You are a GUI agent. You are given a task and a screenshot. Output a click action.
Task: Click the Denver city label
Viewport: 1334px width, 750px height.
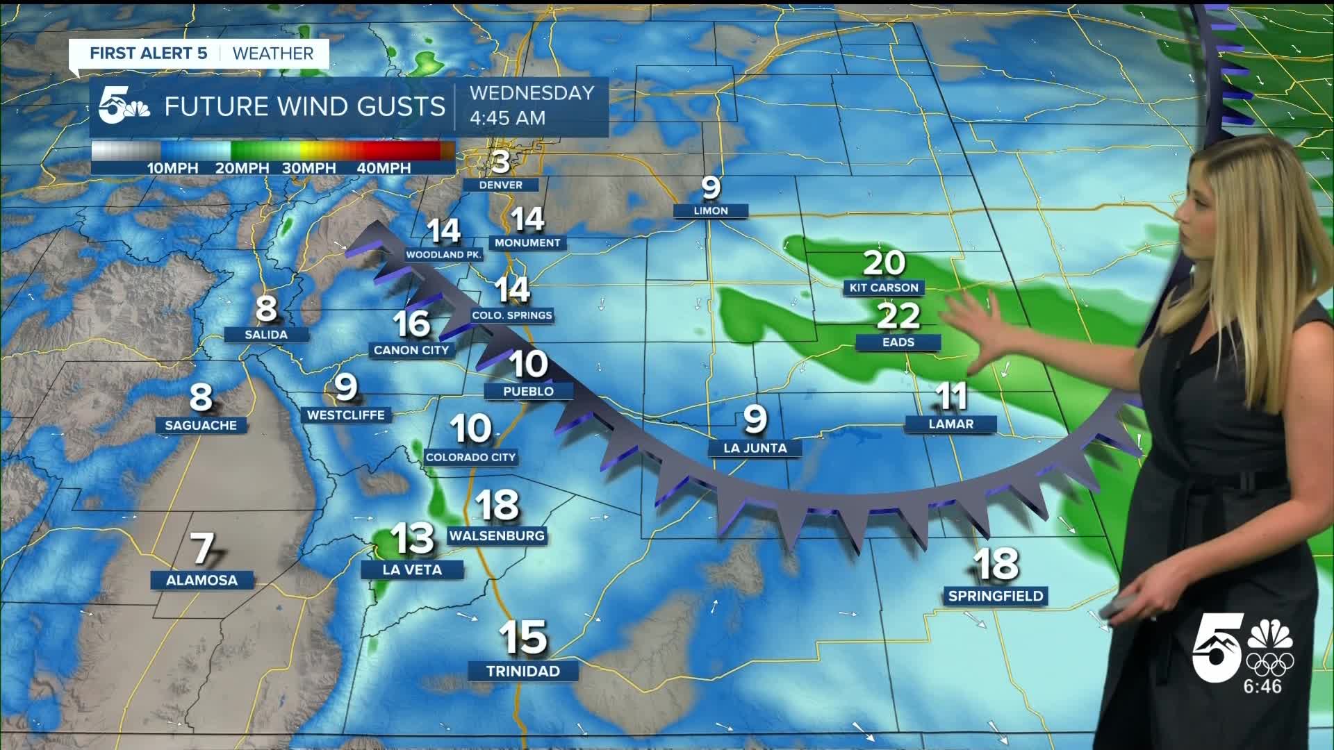pos(500,185)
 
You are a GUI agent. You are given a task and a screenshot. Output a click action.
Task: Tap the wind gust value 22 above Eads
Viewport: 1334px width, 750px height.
pos(898,316)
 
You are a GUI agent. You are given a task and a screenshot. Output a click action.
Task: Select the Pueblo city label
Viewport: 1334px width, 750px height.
pos(528,391)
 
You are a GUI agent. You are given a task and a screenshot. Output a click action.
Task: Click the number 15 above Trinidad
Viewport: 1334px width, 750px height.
pos(523,637)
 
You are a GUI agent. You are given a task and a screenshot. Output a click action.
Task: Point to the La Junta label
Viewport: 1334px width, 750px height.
pos(755,448)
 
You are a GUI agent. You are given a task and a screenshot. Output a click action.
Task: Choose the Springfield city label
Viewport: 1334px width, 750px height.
pos(996,596)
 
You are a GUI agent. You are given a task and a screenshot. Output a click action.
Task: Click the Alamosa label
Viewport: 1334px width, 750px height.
pos(201,580)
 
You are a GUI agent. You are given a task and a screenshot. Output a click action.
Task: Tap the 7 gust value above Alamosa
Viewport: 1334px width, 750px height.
pos(202,549)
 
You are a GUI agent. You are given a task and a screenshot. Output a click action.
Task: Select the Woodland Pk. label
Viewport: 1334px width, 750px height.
pos(444,255)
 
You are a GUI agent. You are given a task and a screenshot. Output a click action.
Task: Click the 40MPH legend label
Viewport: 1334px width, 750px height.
pos(383,168)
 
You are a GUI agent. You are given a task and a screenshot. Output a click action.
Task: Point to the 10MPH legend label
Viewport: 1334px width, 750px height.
pos(172,168)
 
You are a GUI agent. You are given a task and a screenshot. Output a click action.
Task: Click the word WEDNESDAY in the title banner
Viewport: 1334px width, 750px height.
pos(532,93)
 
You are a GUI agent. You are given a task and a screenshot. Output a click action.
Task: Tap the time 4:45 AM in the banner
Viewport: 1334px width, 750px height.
pos(507,118)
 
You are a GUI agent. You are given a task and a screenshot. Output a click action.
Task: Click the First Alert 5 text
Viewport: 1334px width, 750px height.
pos(149,53)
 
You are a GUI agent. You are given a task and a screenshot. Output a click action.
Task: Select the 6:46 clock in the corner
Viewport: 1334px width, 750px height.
pos(1262,686)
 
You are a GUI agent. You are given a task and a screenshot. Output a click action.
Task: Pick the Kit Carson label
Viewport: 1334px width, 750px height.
pos(884,287)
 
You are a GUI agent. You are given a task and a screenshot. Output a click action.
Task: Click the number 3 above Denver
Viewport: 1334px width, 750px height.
pos(500,162)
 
